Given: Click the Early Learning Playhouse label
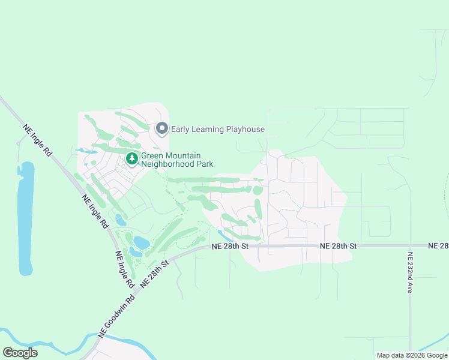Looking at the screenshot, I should pos(217,129).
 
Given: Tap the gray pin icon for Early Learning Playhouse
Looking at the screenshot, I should pos(161,128).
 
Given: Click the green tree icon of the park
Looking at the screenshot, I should pos(132,159).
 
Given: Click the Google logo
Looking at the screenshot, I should pos(20,352).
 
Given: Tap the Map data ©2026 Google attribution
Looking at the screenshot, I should pos(412,355).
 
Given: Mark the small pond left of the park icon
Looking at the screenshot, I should pos(87,152).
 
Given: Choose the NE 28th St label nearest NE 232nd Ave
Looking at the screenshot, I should pos(339,246).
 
